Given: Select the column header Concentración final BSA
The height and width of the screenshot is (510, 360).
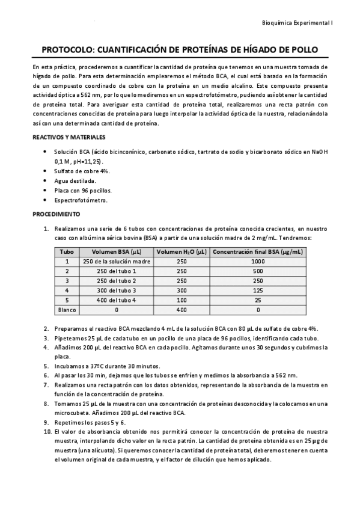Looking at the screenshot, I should pos(258,252).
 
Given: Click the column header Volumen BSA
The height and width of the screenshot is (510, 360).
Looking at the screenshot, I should pos(117,252).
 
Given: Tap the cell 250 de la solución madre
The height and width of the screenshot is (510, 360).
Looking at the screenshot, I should pos(117,262).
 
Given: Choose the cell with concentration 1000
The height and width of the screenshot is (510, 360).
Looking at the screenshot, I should pos(258,262).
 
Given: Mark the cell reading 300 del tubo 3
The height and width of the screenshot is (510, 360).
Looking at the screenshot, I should pos(117,290).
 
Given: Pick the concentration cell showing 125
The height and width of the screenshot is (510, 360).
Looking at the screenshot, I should pos(258,290).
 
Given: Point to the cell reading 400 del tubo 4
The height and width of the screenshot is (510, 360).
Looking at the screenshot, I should pos(117,300).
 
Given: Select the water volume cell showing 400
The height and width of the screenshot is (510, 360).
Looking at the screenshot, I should pos(182,310).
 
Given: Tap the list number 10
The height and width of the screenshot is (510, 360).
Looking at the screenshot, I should pos(47,432).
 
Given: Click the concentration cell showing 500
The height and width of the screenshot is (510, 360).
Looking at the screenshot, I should pos(258,271).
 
